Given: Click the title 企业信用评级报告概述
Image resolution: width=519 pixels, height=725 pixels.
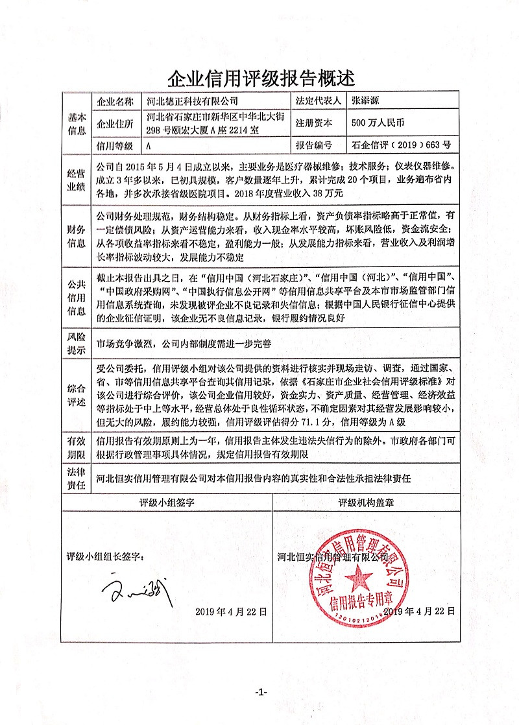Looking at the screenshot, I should coord(261,79).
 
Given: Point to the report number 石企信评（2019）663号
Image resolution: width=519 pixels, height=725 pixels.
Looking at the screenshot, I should coord(400,145).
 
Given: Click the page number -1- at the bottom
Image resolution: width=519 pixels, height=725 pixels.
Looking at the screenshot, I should coord(261,693).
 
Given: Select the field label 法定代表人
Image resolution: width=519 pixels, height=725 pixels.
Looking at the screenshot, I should coord(318,101).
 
